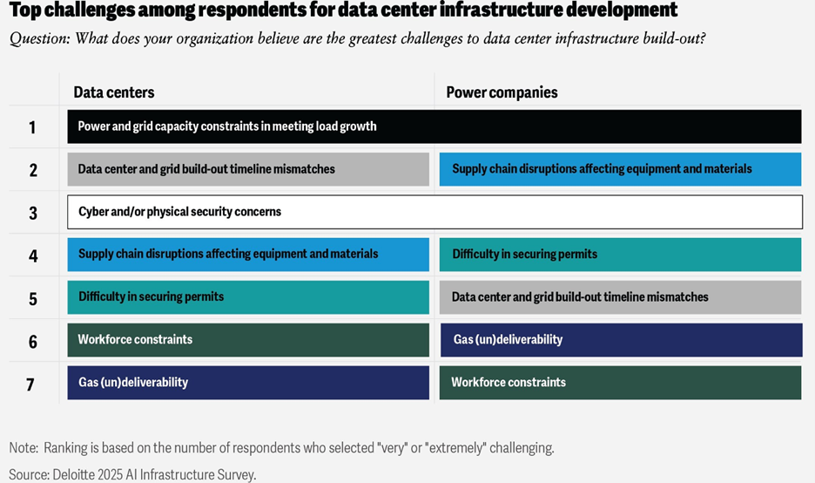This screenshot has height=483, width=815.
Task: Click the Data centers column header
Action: tap(113, 92)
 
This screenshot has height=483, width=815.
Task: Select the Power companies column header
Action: tap(502, 92)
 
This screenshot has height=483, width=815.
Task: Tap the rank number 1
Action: tap(32, 127)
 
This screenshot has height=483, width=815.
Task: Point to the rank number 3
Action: tap(33, 213)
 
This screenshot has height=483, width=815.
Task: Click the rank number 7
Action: tap(30, 384)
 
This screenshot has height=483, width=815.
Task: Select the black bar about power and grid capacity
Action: tap(434, 126)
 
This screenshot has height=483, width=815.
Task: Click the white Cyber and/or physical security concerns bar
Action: tap(434, 212)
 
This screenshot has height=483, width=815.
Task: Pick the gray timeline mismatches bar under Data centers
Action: tap(248, 169)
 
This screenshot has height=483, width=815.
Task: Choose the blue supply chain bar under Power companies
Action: tap(620, 169)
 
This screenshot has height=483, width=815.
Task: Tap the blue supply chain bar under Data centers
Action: tap(248, 255)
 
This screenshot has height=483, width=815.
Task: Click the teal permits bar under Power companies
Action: tap(620, 255)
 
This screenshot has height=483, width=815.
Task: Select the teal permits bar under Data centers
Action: tap(248, 297)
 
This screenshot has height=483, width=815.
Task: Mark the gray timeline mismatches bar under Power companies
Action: tap(620, 297)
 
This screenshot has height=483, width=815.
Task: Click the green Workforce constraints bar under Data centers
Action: tap(248, 340)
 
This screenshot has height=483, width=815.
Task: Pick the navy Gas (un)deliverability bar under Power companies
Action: tap(620, 340)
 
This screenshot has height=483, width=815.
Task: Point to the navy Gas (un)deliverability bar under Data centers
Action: tap(248, 383)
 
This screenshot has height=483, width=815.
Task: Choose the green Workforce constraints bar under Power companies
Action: tap(620, 383)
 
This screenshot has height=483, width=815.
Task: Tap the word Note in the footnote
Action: tap(24, 448)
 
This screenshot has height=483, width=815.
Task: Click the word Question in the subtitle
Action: tap(40, 39)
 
